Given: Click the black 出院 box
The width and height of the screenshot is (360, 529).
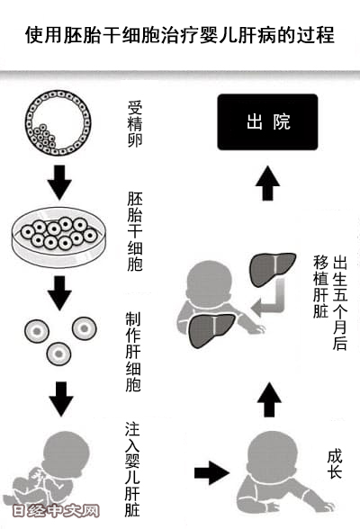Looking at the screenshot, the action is pos(267,121).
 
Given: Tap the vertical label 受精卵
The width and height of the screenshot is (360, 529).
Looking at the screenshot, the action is pos(135,123).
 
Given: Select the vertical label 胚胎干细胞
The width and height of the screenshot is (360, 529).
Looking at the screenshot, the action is pos(135,231).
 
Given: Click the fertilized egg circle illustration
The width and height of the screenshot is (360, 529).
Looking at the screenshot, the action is pos(58,122).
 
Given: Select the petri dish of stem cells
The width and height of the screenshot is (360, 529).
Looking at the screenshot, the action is pos(58,237).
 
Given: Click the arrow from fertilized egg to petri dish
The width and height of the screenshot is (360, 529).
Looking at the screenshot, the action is pos(59,182).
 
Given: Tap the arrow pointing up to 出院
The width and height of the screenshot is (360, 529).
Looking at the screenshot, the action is pos(267,183).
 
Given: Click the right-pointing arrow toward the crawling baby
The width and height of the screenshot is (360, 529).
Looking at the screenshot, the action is pos(211,473).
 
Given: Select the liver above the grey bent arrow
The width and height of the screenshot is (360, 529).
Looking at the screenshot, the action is pos(273,269).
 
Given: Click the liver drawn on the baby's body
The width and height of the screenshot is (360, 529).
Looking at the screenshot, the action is pos(211,330).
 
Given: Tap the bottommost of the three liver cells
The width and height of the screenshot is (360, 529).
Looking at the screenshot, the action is pos(58,354).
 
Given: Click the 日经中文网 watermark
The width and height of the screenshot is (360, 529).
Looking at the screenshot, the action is pos(56,511).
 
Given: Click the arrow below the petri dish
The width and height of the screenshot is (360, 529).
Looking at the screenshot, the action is pos(59,293).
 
